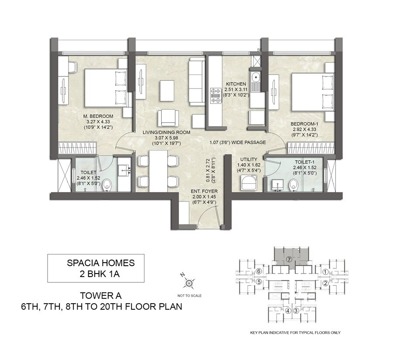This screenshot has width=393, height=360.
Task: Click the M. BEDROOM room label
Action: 99,116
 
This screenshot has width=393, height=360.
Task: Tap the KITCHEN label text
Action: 236,84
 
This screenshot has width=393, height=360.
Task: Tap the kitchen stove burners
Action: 215,96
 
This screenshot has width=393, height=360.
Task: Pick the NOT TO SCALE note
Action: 190,296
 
